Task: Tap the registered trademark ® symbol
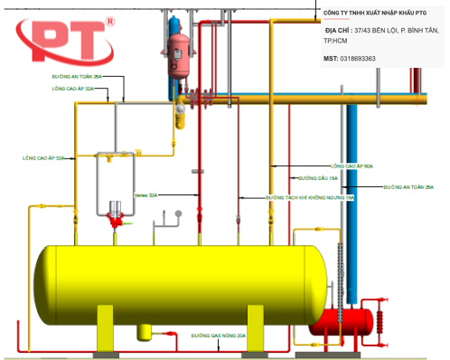tap(110, 20)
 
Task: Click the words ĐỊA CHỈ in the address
tap(338, 30)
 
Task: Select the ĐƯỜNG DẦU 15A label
tap(317, 179)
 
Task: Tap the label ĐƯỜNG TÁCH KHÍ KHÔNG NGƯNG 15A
tap(310, 196)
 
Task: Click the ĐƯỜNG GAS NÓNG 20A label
tap(218, 335)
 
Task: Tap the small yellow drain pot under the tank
tap(144, 332)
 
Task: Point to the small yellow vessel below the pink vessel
tap(179, 113)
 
